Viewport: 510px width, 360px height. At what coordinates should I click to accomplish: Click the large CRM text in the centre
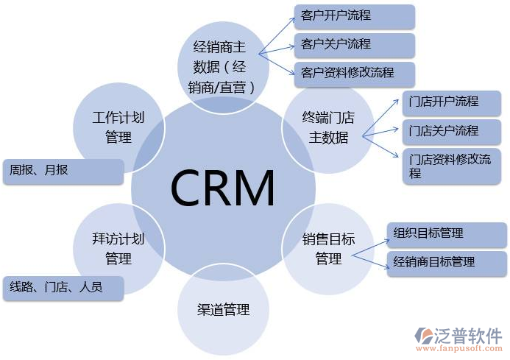tap(223, 188)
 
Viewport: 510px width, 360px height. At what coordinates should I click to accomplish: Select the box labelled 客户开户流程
tap(354, 16)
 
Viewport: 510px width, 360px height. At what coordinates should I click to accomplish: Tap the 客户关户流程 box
tap(354, 44)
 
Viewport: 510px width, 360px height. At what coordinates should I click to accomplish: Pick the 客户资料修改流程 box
tap(354, 74)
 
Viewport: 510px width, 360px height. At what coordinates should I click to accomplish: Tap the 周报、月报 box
tap(63, 171)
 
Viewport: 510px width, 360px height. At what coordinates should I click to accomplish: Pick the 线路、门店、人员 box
tap(63, 288)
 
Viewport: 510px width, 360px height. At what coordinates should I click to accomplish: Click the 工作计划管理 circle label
tap(118, 127)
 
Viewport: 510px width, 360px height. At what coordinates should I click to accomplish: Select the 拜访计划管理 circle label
tap(118, 249)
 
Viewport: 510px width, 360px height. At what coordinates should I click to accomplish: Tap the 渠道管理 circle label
tap(224, 309)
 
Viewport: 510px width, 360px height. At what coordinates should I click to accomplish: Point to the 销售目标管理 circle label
tap(328, 249)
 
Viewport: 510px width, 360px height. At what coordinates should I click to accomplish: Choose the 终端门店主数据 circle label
tap(328, 127)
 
